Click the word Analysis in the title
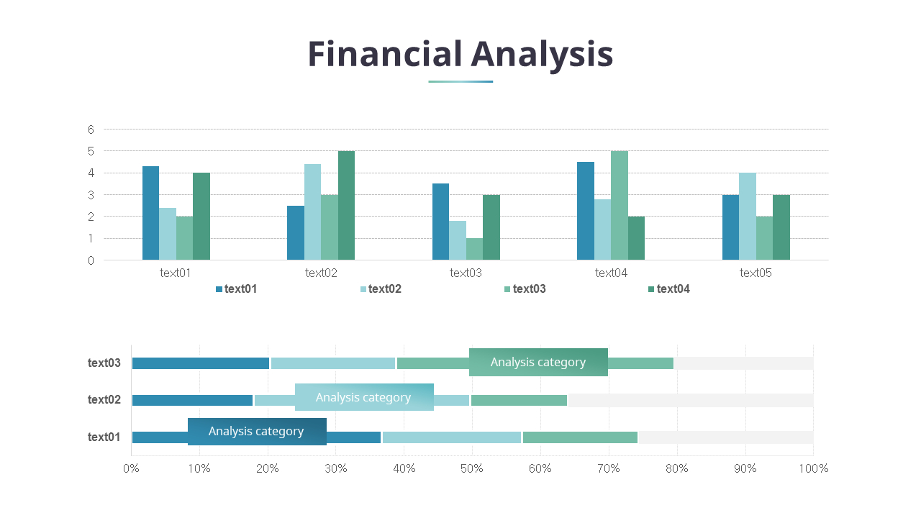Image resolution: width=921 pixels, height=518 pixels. pyautogui.click(x=542, y=55)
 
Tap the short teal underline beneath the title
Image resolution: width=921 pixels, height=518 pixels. pyautogui.click(x=460, y=81)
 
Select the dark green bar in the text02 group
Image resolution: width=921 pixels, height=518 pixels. pyautogui.click(x=346, y=206)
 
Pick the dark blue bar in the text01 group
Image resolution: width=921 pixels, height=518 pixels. pyautogui.click(x=150, y=213)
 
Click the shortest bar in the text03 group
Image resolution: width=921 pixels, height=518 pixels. pyautogui.click(x=474, y=249)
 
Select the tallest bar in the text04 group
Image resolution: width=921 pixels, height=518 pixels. pyautogui.click(x=619, y=206)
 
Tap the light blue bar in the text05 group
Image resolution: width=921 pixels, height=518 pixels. pyautogui.click(x=747, y=217)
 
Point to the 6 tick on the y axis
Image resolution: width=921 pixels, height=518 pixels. pyautogui.click(x=91, y=129)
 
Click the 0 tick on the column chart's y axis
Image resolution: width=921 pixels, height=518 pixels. pyautogui.click(x=91, y=260)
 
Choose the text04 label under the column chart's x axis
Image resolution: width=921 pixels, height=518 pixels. pyautogui.click(x=611, y=273)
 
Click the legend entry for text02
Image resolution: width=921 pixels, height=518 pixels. pyautogui.click(x=381, y=289)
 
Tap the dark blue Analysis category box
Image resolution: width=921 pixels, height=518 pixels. pyautogui.click(x=257, y=432)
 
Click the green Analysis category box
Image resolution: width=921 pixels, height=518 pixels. pyautogui.click(x=538, y=362)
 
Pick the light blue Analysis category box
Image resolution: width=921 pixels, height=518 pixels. pyautogui.click(x=364, y=397)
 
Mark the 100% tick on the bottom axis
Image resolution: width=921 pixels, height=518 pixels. pyautogui.click(x=813, y=468)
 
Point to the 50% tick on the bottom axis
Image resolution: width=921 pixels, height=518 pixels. pyautogui.click(x=472, y=468)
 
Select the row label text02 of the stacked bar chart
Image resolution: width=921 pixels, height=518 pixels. pyautogui.click(x=104, y=400)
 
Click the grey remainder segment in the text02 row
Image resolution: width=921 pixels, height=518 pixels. pyautogui.click(x=690, y=400)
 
